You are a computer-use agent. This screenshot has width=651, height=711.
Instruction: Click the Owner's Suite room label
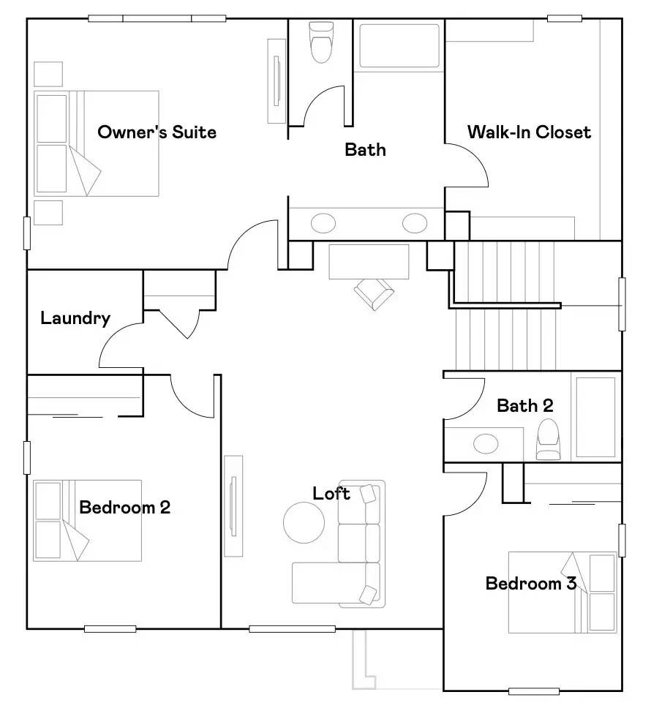pyautogui.click(x=157, y=132)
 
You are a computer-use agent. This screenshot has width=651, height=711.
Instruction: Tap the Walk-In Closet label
pyautogui.click(x=529, y=132)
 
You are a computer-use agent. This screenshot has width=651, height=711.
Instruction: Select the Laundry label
pyautogui.click(x=75, y=318)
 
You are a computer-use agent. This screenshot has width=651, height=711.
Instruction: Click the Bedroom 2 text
pyautogui.click(x=124, y=507)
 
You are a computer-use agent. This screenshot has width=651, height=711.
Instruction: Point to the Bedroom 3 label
pyautogui.click(x=531, y=583)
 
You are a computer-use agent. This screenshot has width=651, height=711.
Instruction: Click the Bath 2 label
pyautogui.click(x=524, y=405)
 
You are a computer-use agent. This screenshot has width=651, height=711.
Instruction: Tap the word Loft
pyautogui.click(x=331, y=494)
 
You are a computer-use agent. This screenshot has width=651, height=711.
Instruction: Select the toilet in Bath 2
pyautogui.click(x=547, y=439)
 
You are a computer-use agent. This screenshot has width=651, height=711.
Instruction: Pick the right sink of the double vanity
pyautogui.click(x=415, y=222)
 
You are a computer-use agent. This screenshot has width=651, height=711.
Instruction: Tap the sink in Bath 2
pyautogui.click(x=486, y=443)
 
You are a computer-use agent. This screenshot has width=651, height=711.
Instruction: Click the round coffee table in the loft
pyautogui.click(x=304, y=522)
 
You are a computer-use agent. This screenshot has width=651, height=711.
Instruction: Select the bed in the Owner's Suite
pyautogui.click(x=97, y=143)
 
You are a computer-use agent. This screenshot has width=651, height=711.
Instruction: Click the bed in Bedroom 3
pyautogui.click(x=562, y=592)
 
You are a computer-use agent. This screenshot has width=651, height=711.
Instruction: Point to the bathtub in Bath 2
pyautogui.click(x=595, y=417)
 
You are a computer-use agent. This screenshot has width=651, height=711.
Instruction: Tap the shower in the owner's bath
pyautogui.click(x=399, y=46)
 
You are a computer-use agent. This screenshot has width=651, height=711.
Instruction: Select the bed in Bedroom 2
pyautogui.click(x=87, y=520)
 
